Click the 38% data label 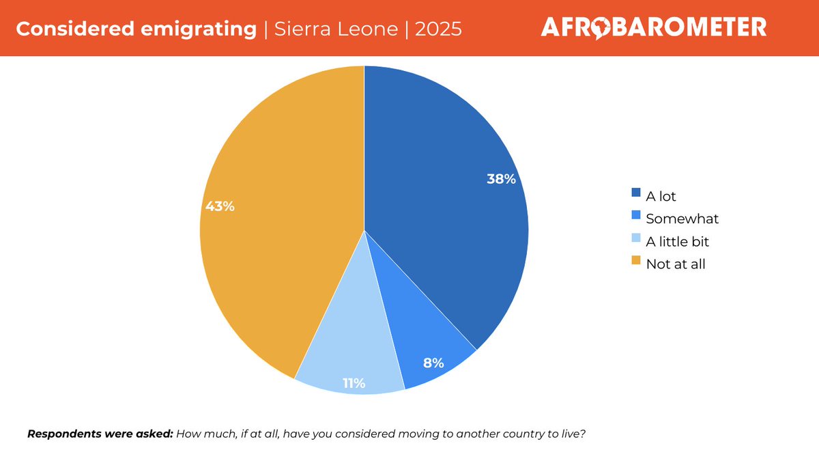pos(501,180)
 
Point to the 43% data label pos(220,206)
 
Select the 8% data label pos(433,363)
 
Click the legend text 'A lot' pos(661,197)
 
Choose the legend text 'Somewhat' pos(682,219)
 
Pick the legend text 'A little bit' pos(678,242)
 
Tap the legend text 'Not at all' pos(676,264)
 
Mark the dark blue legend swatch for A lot pos(636,193)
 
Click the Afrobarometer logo pos(653,27)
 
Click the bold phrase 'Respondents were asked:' pos(100,434)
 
